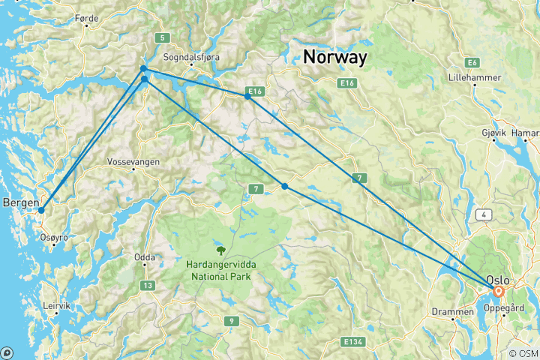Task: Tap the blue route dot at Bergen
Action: (41, 211)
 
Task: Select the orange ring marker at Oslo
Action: (498, 290)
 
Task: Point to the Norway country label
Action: (335, 56)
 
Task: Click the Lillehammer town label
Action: (474, 77)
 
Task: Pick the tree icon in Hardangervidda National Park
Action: (220, 250)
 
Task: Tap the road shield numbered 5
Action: (160, 38)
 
